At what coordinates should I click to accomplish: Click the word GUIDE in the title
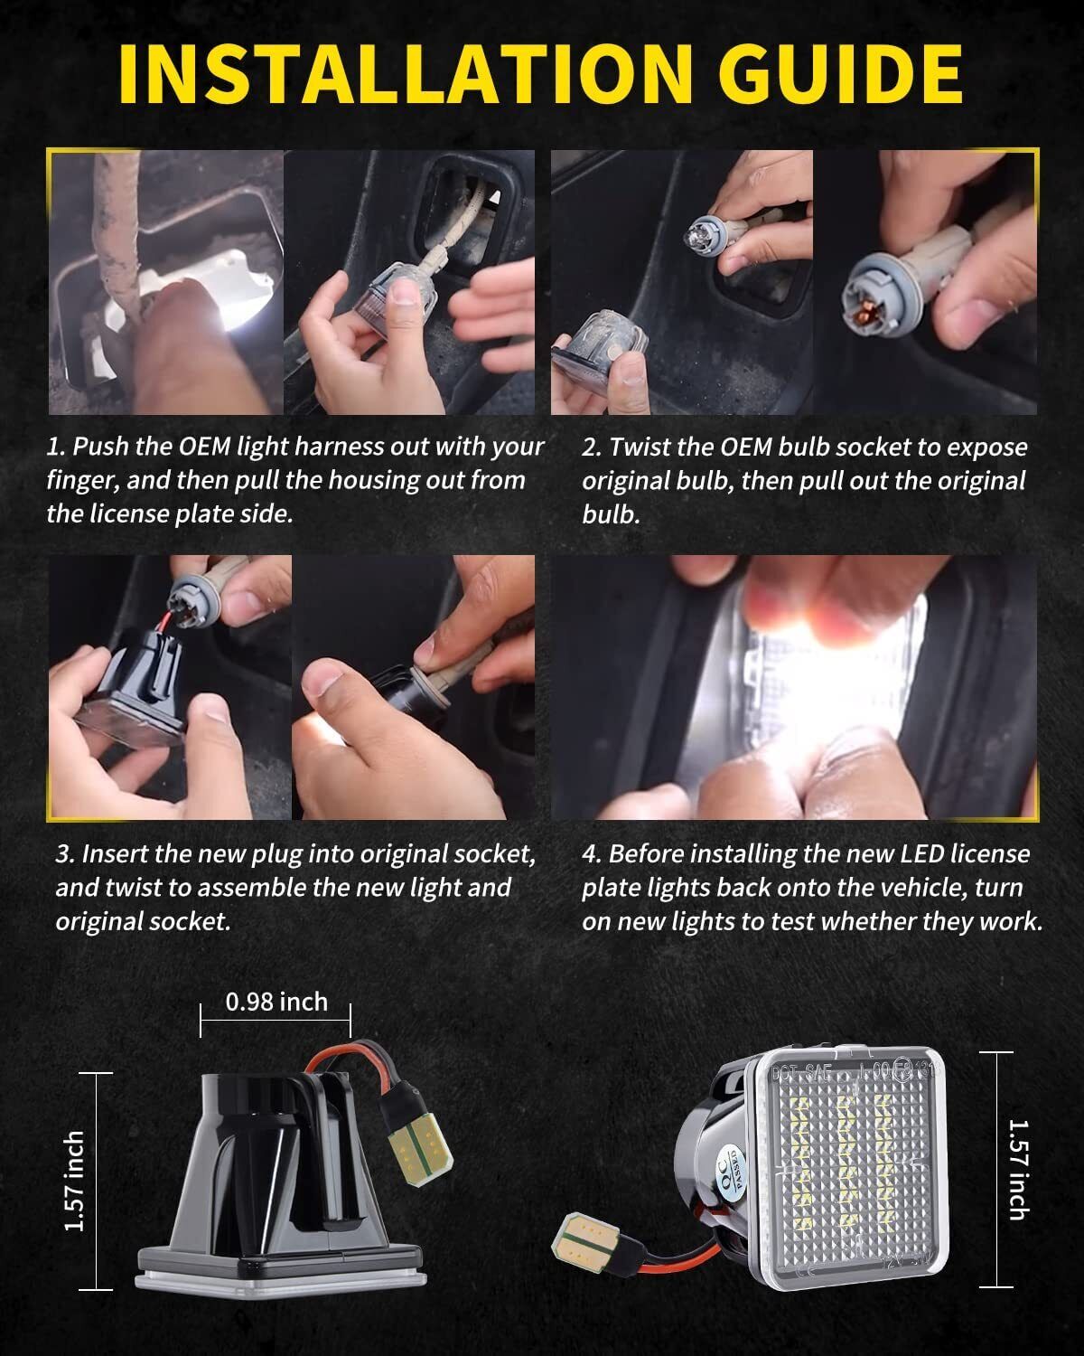coord(840,74)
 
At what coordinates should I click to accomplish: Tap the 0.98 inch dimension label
coord(276,1002)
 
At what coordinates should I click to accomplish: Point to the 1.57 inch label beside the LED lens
coord(1018,1170)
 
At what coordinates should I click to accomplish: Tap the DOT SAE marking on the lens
coord(802,1072)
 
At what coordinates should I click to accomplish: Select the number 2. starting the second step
coord(592,447)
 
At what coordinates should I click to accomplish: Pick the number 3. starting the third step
coord(66,854)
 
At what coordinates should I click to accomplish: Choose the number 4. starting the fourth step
coord(592,854)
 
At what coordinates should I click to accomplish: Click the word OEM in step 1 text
coord(205,447)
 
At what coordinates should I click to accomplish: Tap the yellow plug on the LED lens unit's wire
coord(585,1241)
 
